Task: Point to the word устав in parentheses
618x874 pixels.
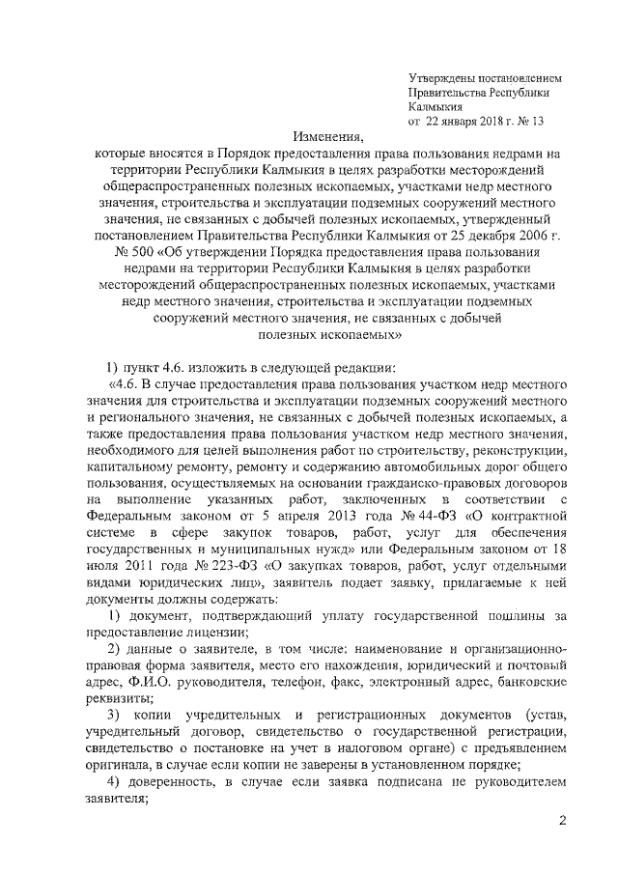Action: [546, 714]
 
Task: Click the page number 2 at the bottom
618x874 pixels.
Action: [562, 821]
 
